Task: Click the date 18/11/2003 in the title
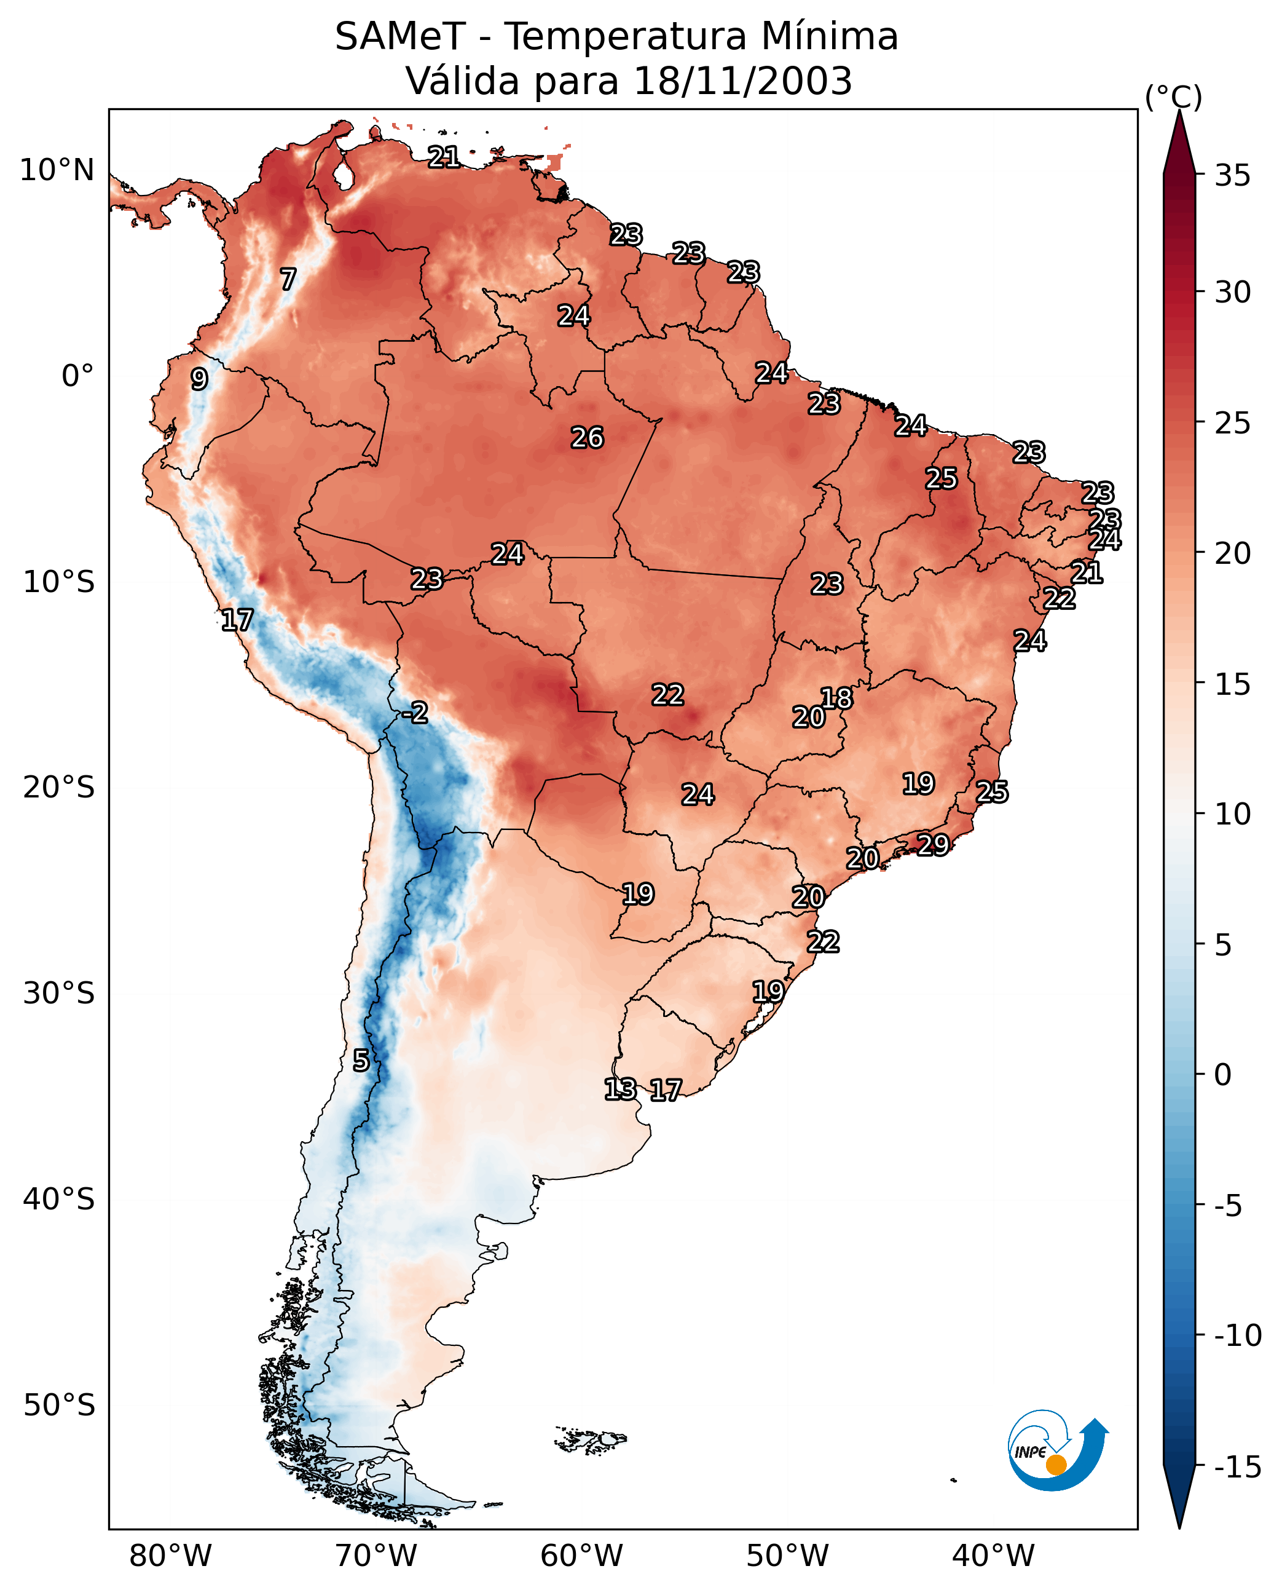(x=742, y=81)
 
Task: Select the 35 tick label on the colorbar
(x=1232, y=176)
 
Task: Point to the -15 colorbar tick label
(x=1237, y=1468)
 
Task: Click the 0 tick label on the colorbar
(x=1222, y=1075)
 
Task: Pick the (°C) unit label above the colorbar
(x=1173, y=97)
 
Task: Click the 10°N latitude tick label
(x=57, y=171)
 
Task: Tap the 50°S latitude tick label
(x=58, y=1406)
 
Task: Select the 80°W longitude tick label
(x=171, y=1556)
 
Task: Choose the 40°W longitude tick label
(x=993, y=1556)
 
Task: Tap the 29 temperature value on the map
(x=933, y=844)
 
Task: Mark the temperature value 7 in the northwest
(x=288, y=279)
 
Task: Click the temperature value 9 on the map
(x=199, y=379)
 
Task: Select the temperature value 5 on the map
(x=360, y=1060)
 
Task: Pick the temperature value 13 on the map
(x=619, y=1088)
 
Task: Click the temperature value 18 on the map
(x=836, y=697)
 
